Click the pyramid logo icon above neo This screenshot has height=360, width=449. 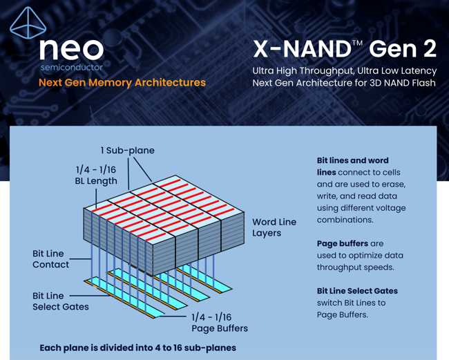click(28, 23)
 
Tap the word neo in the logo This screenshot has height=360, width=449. click(71, 50)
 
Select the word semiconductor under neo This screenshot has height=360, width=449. click(72, 68)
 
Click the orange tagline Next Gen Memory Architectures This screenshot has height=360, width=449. click(122, 82)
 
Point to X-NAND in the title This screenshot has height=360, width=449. click(303, 49)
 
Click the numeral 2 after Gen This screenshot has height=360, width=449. click(429, 49)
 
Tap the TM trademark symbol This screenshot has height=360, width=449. click(357, 43)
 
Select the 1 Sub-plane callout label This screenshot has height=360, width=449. click(127, 151)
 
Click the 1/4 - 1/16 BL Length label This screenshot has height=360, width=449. click(96, 176)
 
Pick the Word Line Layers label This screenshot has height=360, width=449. click(274, 227)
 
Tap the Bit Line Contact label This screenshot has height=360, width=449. click(50, 259)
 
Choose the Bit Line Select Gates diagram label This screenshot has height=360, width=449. click(61, 301)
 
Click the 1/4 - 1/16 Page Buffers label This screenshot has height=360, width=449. click(220, 323)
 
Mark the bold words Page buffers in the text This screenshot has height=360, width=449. click(343, 243)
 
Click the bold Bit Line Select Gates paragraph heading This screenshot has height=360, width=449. click(357, 291)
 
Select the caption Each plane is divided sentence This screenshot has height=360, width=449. click(138, 348)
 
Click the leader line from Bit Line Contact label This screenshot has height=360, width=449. click(80, 259)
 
